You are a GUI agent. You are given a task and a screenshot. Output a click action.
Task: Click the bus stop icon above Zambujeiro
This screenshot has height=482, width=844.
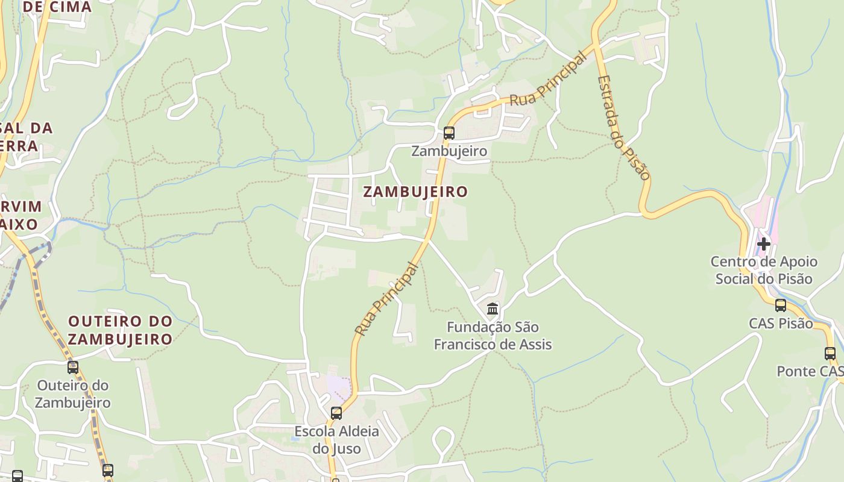(x=449, y=133)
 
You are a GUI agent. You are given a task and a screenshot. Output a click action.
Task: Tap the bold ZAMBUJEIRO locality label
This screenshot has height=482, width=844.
(x=415, y=192)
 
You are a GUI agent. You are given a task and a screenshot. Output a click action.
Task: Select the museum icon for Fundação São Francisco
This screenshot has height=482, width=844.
(x=493, y=309)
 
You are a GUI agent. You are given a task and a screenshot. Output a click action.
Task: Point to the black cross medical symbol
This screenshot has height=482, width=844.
(x=764, y=244)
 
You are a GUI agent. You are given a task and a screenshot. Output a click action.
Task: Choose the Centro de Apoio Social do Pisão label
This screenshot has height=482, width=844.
(x=764, y=270)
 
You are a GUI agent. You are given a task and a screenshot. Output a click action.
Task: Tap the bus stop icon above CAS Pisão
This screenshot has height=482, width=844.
(x=781, y=305)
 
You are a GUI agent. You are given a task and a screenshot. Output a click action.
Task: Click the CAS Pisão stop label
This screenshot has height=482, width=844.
(x=781, y=324)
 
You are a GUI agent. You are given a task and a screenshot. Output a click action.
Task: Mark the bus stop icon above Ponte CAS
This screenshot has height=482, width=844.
(x=830, y=354)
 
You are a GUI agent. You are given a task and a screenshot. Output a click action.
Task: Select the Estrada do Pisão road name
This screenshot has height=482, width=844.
(x=624, y=127)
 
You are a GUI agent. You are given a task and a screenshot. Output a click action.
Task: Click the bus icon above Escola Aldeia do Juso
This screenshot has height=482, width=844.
(x=336, y=413)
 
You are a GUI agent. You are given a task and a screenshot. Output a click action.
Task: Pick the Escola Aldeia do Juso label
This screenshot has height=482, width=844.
(x=336, y=440)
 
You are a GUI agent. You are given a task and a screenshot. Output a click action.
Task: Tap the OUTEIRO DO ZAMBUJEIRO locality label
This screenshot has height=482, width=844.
(x=120, y=330)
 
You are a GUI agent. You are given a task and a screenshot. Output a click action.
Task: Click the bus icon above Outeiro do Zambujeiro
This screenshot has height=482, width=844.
(x=73, y=367)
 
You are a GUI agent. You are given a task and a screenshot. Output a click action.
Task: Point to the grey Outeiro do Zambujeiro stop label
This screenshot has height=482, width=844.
(x=73, y=394)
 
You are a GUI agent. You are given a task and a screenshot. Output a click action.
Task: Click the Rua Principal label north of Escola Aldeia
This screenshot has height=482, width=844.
(x=386, y=299)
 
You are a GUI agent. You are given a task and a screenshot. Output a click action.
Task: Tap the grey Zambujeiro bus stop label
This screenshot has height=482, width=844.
(x=449, y=151)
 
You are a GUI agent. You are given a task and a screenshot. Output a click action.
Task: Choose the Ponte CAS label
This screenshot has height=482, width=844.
(x=810, y=371)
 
